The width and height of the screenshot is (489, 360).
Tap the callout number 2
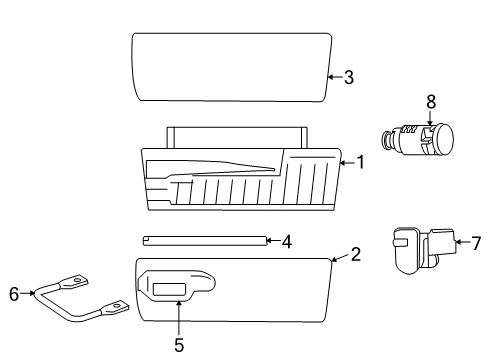click(355, 255)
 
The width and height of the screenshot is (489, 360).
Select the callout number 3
click(348, 77)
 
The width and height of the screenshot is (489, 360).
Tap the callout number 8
click(431, 101)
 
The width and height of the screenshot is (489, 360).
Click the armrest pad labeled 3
click(230, 66)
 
